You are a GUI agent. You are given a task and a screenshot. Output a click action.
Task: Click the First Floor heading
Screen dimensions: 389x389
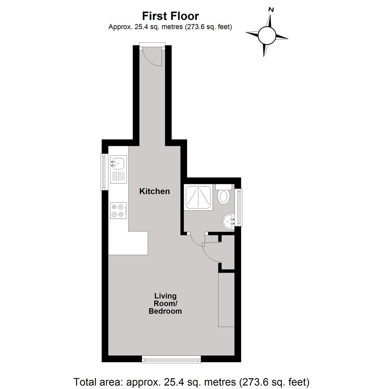(x=170, y=16)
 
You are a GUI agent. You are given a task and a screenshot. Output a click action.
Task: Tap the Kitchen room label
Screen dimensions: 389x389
(x=155, y=191)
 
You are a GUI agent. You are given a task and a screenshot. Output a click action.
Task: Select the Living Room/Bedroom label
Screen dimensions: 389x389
(x=165, y=303)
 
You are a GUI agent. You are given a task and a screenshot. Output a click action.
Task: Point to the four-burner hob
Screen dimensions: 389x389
(x=119, y=210)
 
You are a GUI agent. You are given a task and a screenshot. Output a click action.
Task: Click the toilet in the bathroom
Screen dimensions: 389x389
(x=224, y=197)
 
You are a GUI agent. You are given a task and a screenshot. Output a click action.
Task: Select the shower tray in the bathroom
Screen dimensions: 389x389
(x=198, y=197)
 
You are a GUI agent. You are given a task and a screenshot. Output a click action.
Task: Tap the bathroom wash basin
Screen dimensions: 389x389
(x=229, y=222)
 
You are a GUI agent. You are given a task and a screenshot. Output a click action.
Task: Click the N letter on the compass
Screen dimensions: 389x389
(x=271, y=10)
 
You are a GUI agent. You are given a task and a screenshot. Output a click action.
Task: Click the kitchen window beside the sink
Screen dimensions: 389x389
(x=103, y=172)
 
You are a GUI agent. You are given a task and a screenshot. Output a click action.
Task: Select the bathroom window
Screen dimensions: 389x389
(x=239, y=207)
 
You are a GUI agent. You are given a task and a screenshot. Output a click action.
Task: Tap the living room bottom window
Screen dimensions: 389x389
(x=171, y=359)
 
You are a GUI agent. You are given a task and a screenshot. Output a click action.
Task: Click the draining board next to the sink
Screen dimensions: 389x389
(x=119, y=177)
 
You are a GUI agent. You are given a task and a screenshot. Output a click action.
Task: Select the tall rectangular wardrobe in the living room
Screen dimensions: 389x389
(x=226, y=300)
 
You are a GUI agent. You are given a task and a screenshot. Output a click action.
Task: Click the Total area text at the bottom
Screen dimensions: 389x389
(x=192, y=382)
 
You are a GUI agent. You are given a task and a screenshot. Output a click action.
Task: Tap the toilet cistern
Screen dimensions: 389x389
(x=224, y=187)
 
